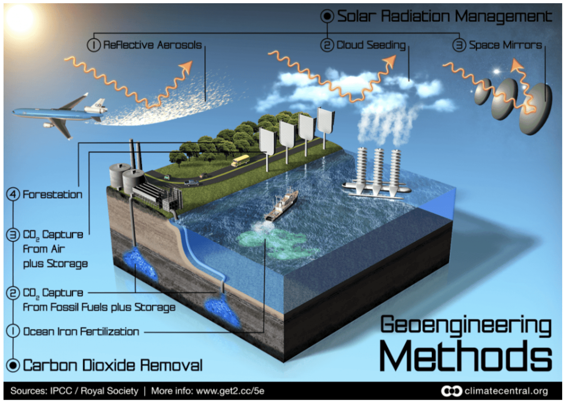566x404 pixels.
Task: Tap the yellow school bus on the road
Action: tap(240, 161)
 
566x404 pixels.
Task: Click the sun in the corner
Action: tap(19, 18)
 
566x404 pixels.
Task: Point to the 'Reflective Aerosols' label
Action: tap(152, 45)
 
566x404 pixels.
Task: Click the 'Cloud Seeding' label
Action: tap(371, 45)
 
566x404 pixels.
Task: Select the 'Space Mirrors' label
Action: tap(505, 45)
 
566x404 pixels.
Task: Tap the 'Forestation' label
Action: tap(52, 194)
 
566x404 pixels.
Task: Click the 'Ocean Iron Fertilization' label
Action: tap(81, 332)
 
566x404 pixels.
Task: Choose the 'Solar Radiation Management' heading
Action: tap(444, 16)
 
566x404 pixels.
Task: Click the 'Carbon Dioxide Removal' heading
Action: tap(112, 365)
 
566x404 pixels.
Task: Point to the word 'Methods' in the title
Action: tap(465, 356)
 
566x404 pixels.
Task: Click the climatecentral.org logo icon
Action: tap(451, 391)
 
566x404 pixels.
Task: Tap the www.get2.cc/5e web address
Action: tap(230, 391)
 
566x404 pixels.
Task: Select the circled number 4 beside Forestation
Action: tap(13, 194)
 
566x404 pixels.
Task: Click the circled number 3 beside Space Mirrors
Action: tap(459, 45)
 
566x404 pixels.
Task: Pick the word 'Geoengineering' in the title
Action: tap(465, 325)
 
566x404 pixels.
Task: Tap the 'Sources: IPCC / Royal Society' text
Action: tap(74, 391)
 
